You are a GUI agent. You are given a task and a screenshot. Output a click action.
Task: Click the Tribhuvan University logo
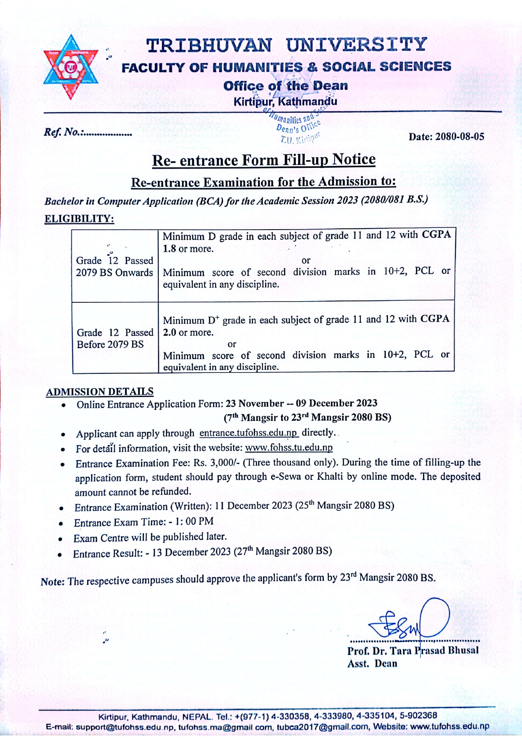71,67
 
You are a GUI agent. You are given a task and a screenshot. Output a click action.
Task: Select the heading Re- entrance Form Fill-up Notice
264,160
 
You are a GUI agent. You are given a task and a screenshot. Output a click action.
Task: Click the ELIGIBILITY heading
79,219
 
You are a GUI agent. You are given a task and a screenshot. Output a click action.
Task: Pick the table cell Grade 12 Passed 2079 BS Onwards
115,267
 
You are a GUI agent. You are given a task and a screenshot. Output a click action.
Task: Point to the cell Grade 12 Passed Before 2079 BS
115,339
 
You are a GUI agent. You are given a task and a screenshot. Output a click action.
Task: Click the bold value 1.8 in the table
169,249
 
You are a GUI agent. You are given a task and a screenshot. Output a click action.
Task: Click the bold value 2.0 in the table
170,332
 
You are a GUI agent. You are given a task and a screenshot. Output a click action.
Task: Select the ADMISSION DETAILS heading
100,391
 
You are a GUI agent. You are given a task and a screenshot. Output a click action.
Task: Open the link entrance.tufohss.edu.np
248,433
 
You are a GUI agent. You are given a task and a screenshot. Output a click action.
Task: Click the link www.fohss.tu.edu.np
289,447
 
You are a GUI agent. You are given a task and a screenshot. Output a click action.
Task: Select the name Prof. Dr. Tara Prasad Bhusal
413,651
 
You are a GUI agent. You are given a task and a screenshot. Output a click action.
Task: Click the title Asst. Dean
372,664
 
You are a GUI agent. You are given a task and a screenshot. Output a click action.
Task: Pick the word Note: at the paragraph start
53,582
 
